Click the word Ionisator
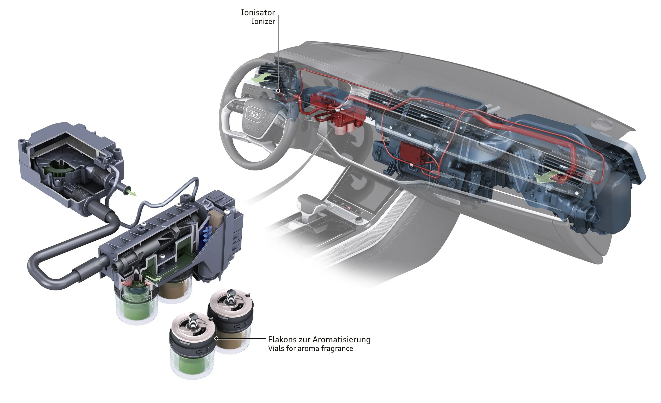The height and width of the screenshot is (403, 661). coord(258,13)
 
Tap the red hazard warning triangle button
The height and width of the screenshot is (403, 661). coord(349,208)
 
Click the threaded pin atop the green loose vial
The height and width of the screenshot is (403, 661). coord(193,321)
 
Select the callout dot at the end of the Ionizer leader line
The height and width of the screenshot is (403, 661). coord(279,91)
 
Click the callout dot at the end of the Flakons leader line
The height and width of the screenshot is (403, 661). coord(216,339)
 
